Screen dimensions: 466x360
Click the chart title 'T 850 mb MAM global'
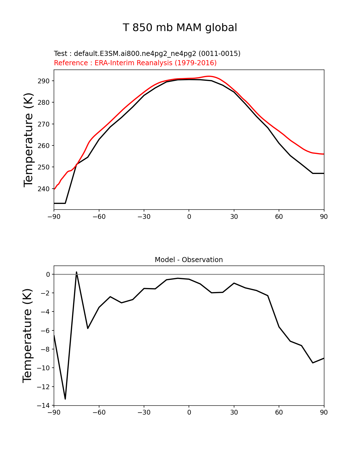(180, 28)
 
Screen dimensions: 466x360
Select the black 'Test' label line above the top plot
(147, 54)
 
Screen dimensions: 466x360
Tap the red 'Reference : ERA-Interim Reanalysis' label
(135, 63)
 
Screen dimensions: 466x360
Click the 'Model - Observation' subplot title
(189, 260)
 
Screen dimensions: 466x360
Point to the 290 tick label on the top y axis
(44, 81)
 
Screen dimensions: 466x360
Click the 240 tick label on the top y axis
(44, 189)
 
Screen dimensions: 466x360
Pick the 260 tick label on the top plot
(44, 146)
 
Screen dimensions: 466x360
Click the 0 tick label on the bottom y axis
(48, 275)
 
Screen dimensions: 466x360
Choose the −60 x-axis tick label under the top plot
(99, 217)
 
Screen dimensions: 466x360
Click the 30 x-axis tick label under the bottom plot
(234, 413)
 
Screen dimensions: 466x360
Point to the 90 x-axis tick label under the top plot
(324, 217)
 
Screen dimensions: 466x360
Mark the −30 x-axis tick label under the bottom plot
(144, 413)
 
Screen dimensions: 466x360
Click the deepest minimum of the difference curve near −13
(65, 399)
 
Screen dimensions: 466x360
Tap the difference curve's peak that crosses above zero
(77, 272)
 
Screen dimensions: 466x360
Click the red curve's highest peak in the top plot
(209, 76)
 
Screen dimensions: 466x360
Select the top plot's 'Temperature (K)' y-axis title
(29, 140)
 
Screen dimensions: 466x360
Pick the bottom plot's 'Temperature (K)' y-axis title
(28, 336)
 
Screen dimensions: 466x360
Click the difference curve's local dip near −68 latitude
(88, 328)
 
